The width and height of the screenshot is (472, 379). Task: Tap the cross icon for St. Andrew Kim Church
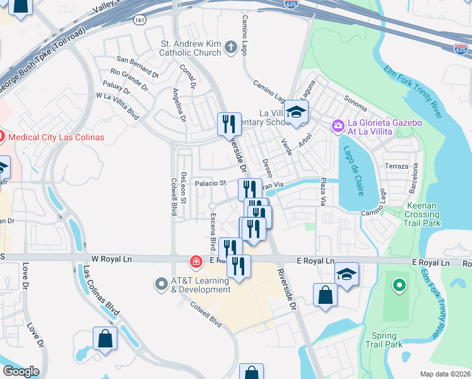[x=231, y=46]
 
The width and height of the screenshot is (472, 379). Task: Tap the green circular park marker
[x=398, y=287]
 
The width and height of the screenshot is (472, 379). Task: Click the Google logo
[x=21, y=371]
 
